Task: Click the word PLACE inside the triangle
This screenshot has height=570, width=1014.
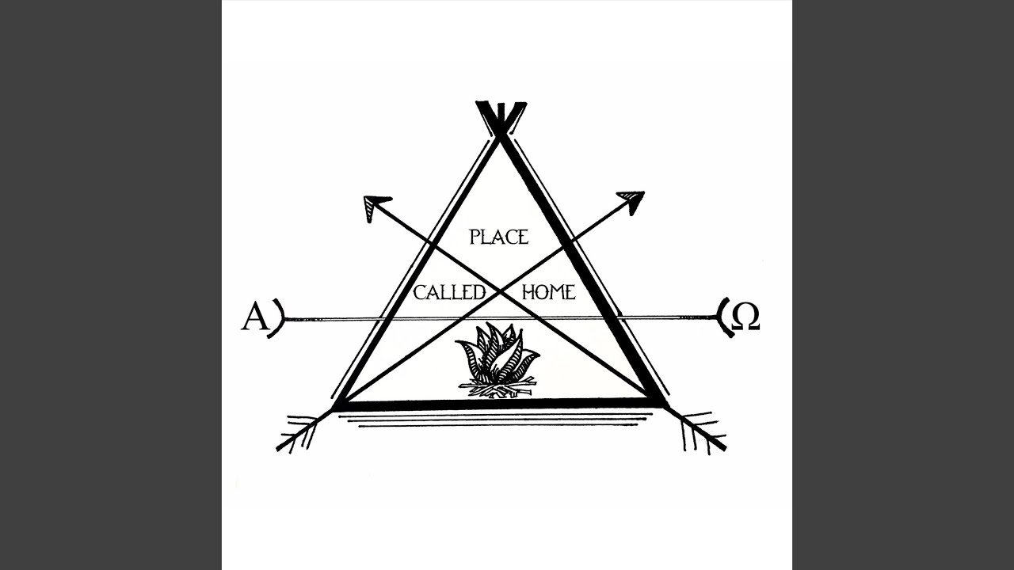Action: click(x=499, y=237)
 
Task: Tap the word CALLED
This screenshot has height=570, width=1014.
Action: click(x=449, y=293)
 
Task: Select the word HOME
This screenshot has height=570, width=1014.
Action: click(x=549, y=292)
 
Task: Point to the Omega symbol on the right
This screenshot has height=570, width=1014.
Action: click(x=745, y=317)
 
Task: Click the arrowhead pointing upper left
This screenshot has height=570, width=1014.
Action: click(x=376, y=207)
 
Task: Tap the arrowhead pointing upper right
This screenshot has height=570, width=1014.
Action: click(x=631, y=202)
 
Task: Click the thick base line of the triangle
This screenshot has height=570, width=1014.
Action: click(x=498, y=405)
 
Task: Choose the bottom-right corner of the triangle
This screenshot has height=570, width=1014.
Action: click(x=660, y=404)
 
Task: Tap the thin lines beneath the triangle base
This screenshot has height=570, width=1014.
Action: click(x=497, y=420)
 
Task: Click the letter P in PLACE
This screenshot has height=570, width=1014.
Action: click(x=475, y=237)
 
